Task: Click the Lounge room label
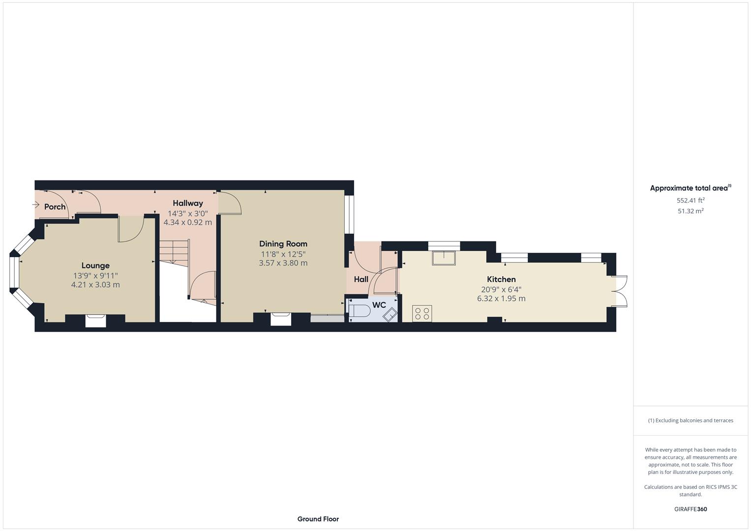(95, 265)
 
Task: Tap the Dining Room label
(283, 244)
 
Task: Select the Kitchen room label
(501, 279)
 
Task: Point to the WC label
(379, 305)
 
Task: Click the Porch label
(55, 206)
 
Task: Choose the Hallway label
(188, 203)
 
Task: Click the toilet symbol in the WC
(359, 311)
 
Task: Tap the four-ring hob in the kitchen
(422, 313)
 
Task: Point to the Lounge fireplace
(95, 321)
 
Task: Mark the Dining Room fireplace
(281, 319)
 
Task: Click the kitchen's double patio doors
(621, 291)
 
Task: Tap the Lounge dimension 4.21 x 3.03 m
(95, 285)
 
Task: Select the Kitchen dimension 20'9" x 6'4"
(501, 290)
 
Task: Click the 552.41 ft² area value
(691, 200)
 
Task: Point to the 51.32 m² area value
(691, 211)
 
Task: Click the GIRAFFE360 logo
(691, 509)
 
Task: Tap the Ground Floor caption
(318, 519)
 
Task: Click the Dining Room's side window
(349, 214)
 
